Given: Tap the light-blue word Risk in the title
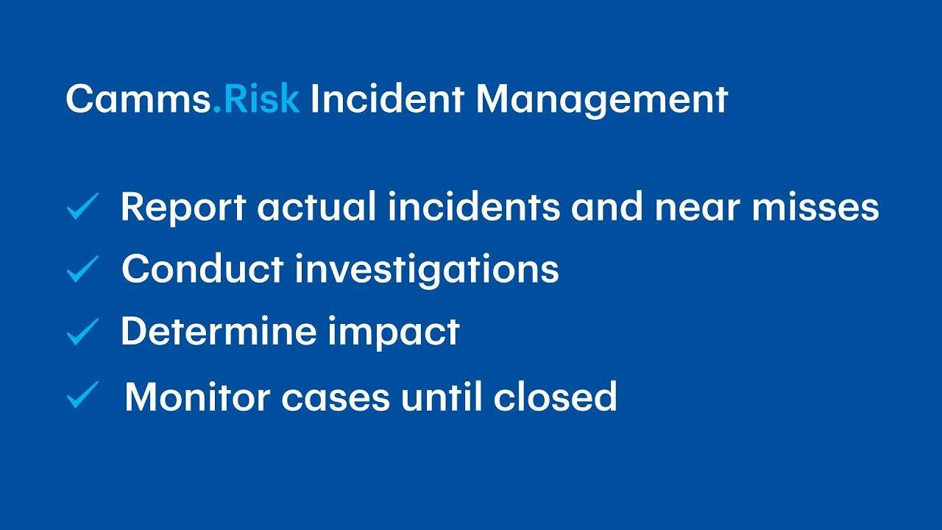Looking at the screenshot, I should (x=262, y=99).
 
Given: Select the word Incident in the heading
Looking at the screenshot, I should (x=387, y=99).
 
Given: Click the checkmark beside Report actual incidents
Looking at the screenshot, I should (x=82, y=208).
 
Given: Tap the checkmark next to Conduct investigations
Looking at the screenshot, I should (x=82, y=269).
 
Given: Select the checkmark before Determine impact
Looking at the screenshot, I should (x=82, y=332).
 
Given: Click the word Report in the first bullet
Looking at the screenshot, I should (x=183, y=208).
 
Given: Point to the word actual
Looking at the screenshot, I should (x=318, y=207).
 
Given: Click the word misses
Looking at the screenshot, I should (x=815, y=207).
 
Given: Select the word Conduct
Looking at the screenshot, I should (x=202, y=269).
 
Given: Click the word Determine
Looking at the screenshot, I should (x=219, y=332).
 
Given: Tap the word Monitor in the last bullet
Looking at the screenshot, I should (x=196, y=397).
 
